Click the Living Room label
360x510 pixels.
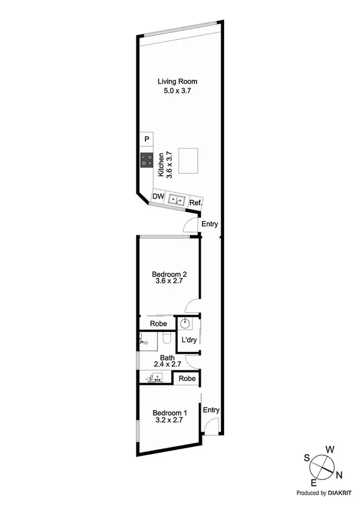point(177,81)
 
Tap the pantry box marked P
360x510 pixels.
point(146,140)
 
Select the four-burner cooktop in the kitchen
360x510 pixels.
point(146,160)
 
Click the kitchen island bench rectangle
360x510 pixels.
point(191,161)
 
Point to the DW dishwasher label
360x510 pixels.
point(158,197)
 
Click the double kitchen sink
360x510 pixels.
point(177,199)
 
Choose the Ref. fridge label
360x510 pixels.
point(195,203)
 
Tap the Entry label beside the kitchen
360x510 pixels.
point(210,224)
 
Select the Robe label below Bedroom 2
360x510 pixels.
point(159,324)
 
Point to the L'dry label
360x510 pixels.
point(189,340)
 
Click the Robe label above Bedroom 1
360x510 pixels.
point(188,379)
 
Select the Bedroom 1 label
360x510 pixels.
point(170,413)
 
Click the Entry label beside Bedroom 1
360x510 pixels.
point(211,410)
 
